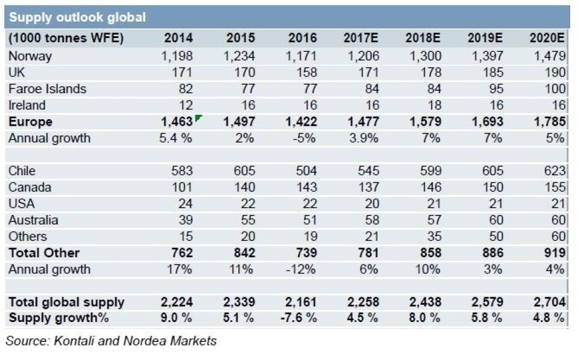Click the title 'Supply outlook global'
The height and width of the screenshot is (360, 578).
pos(76,17)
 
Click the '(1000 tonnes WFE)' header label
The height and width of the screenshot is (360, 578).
pos(66,38)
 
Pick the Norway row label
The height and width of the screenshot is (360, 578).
pos(30,56)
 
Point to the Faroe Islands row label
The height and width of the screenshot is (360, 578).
pos(48,88)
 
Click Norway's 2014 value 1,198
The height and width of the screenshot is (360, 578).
pos(177,56)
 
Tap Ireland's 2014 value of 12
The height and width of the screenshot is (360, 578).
pos(185,105)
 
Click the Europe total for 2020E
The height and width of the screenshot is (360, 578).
pos(548,122)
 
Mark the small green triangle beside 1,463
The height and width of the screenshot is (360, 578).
pos(197,117)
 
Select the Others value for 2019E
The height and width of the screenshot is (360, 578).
pos(493,237)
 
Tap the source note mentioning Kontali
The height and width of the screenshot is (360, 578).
pos(111,341)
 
